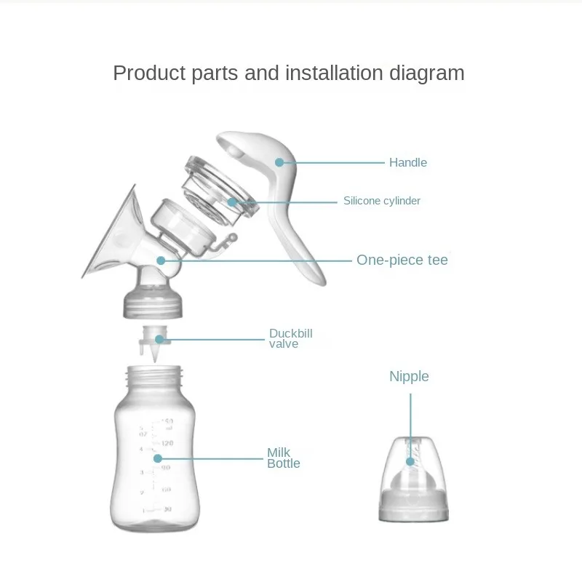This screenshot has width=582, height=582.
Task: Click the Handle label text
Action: (x=407, y=162)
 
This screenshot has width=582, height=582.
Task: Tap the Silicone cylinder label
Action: (x=381, y=201)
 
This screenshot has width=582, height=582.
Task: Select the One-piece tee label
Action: (x=402, y=260)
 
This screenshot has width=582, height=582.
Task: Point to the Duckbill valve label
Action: (x=290, y=338)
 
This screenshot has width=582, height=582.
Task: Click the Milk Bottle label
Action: (x=283, y=458)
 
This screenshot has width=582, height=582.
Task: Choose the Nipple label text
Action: (x=409, y=376)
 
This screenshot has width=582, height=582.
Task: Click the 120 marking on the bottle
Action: (x=167, y=443)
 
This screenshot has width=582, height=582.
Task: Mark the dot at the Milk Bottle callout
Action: (x=157, y=458)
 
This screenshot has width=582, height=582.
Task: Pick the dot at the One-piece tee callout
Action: (x=160, y=259)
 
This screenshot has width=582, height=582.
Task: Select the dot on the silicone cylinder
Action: (x=231, y=202)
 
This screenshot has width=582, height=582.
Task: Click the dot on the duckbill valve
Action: (x=162, y=338)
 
